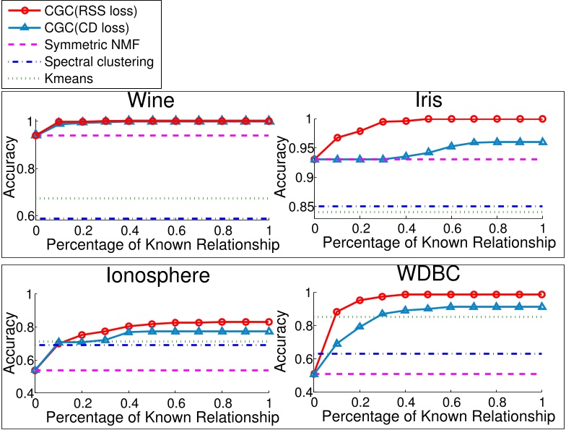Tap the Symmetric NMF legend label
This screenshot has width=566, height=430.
click(91, 45)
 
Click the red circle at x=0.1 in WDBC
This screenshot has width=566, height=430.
click(336, 311)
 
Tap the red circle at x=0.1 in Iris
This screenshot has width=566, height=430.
click(336, 137)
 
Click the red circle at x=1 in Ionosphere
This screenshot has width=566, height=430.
click(269, 322)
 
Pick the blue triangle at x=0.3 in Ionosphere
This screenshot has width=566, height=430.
click(105, 340)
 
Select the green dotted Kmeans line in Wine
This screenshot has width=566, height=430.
click(152, 198)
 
